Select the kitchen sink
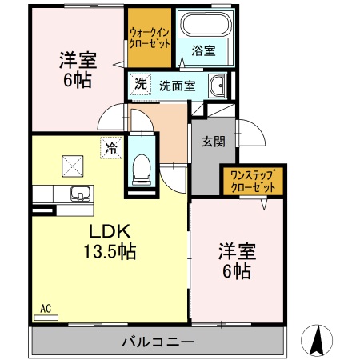click(x=81, y=193)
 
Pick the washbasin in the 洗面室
click(x=216, y=86)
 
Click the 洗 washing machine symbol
click(x=139, y=82)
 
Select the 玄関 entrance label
click(x=213, y=142)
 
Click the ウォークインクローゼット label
click(x=150, y=38)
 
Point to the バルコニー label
click(x=158, y=342)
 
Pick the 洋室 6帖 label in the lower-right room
click(x=235, y=261)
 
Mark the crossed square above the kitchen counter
click(x=74, y=164)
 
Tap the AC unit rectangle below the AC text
click(x=46, y=318)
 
